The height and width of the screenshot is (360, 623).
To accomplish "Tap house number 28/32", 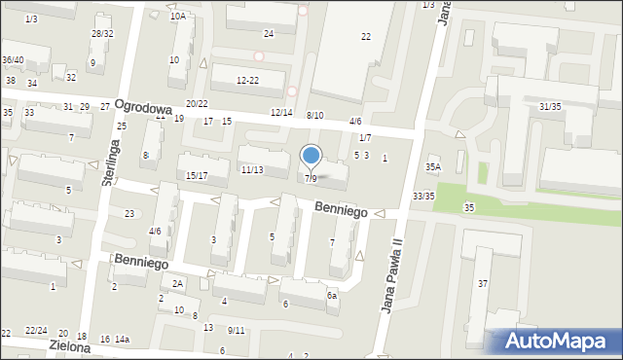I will (x=101, y=33).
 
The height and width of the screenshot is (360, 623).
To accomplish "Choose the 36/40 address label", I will (x=13, y=59).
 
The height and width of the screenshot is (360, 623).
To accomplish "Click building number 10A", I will (x=177, y=17).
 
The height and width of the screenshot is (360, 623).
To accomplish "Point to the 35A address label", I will (x=433, y=167).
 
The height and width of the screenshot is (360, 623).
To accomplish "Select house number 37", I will (x=483, y=283).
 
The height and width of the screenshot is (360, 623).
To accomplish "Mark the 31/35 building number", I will (x=550, y=106).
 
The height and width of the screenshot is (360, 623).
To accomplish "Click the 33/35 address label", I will (x=423, y=197).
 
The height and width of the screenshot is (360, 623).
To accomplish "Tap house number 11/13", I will (x=251, y=170).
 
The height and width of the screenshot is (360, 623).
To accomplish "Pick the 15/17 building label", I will (x=197, y=175).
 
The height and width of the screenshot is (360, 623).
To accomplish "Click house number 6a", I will (x=332, y=296).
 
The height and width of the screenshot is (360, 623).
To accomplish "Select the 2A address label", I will (x=178, y=283).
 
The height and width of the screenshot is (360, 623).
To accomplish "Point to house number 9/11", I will (x=237, y=330).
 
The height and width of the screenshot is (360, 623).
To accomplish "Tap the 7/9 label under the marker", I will (x=311, y=179).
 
